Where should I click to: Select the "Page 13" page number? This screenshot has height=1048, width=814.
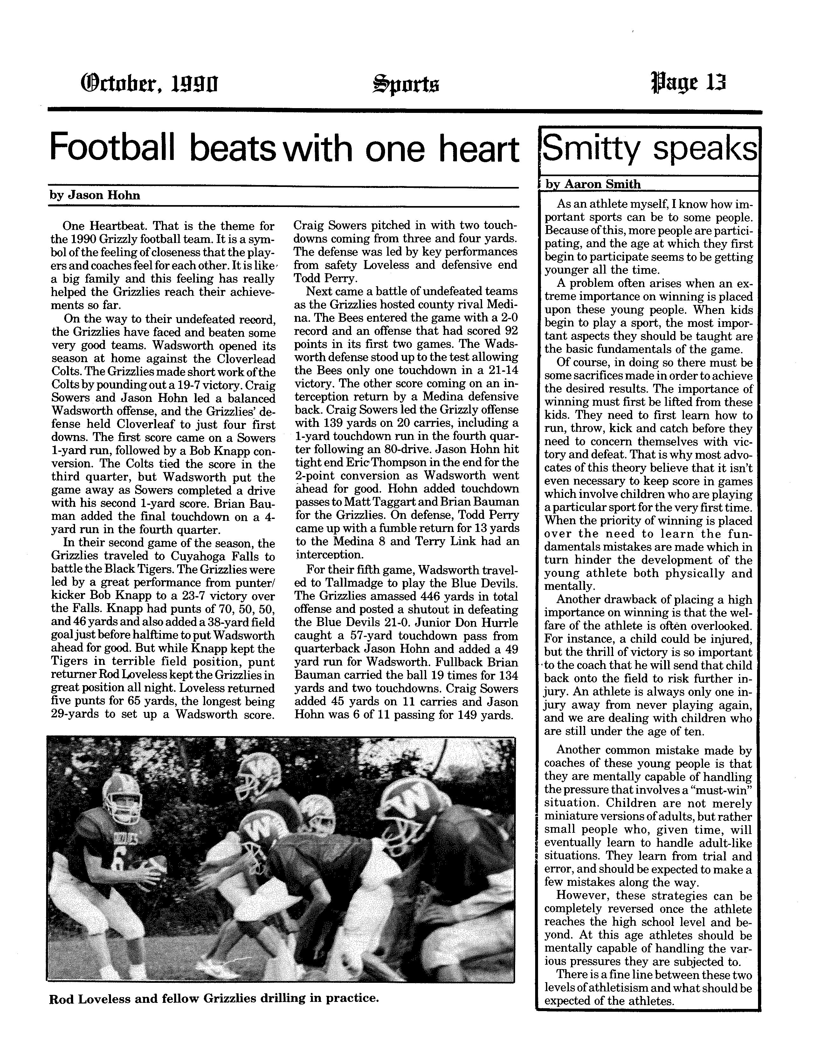tap(688, 83)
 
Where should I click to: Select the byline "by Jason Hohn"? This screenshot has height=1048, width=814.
tap(95, 195)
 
